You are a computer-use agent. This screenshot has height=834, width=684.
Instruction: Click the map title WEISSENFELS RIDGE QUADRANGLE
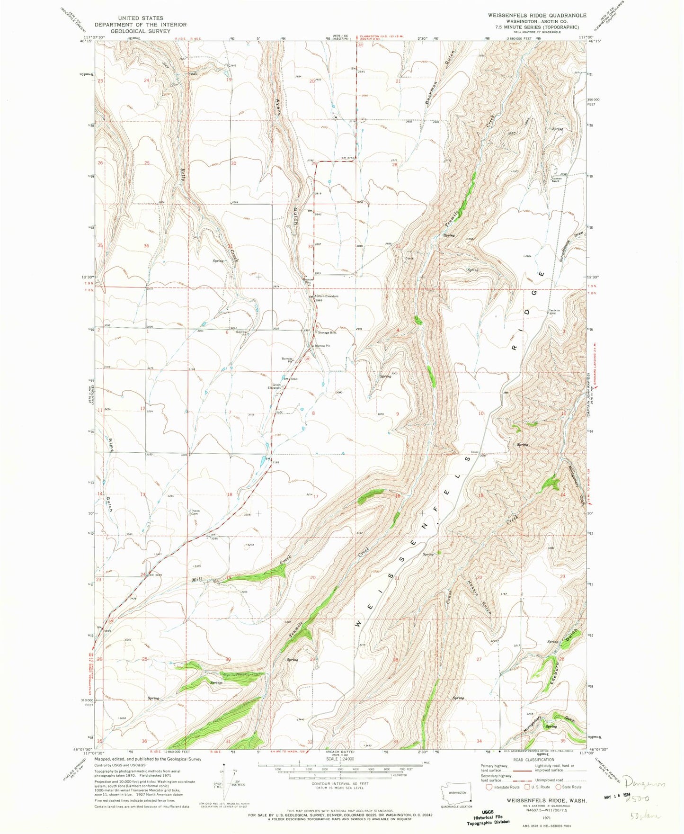530,15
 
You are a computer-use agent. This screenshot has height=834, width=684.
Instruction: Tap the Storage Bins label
327,332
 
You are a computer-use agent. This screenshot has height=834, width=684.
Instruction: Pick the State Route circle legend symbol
557,787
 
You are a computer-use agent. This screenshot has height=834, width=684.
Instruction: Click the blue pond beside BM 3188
263,460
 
